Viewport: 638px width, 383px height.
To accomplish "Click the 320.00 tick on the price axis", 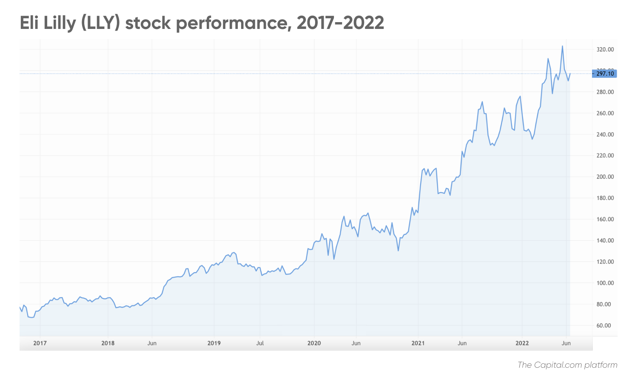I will coord(605,50).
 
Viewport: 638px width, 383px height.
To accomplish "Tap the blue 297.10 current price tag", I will coord(604,74).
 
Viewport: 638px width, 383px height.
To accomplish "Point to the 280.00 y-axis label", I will coord(605,92).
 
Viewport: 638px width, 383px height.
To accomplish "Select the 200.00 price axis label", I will coord(605,177).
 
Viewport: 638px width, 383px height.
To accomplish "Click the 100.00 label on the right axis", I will coord(605,283).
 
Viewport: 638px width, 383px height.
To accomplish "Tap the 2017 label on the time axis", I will coord(40,343).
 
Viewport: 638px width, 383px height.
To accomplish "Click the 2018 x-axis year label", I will coord(108,343).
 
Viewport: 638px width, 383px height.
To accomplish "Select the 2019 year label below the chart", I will coord(214,343).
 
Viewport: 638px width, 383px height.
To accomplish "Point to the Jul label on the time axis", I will coord(260,343).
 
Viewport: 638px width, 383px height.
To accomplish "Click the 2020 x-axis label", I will coord(314,343).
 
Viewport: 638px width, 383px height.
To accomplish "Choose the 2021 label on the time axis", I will coord(418,343).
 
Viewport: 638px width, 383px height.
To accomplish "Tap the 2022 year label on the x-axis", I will coord(522,343).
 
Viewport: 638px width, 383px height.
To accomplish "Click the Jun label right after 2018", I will coord(152,343).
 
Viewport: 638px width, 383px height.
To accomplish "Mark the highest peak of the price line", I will coord(562,46).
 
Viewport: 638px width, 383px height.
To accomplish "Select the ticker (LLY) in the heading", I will coord(100,23).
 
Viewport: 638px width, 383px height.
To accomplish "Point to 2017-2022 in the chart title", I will coord(340,23).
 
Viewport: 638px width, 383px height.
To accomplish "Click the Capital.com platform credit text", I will coord(567,365).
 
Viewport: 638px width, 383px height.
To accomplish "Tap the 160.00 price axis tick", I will coord(605,219).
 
